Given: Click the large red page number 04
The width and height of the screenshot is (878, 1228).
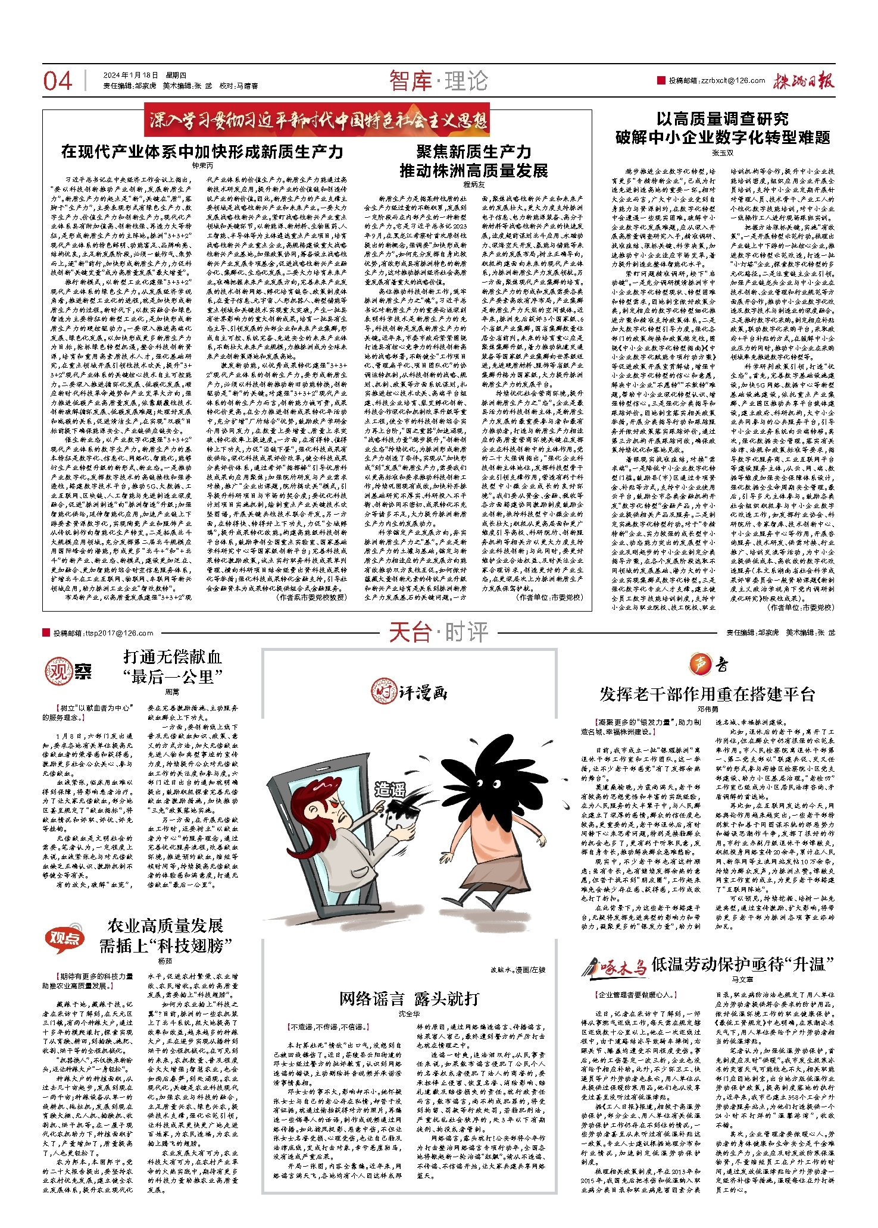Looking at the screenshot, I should pyautogui.click(x=57, y=81).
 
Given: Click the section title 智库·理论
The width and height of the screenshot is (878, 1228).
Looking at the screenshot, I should pyautogui.click(x=439, y=81).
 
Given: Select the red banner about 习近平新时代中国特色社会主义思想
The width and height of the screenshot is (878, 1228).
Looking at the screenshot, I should pyautogui.click(x=316, y=120).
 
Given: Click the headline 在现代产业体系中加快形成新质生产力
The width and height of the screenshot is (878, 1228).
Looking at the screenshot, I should pyautogui.click(x=202, y=152).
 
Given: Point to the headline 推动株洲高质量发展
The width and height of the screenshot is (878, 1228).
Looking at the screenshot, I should pyautogui.click(x=473, y=171).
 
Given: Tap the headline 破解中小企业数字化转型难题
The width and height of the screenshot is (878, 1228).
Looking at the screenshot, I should pyautogui.click(x=723, y=138).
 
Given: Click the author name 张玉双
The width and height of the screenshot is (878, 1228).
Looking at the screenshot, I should pyautogui.click(x=723, y=153).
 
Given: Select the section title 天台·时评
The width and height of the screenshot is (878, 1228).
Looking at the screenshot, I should pyautogui.click(x=439, y=632).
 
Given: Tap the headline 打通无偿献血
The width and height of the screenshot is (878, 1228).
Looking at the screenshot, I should pyautogui.click(x=173, y=657).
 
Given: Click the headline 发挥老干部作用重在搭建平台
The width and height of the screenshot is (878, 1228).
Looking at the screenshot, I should pyautogui.click(x=707, y=694).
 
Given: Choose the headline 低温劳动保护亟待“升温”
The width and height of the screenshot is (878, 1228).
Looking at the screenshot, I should pyautogui.click(x=742, y=964).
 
